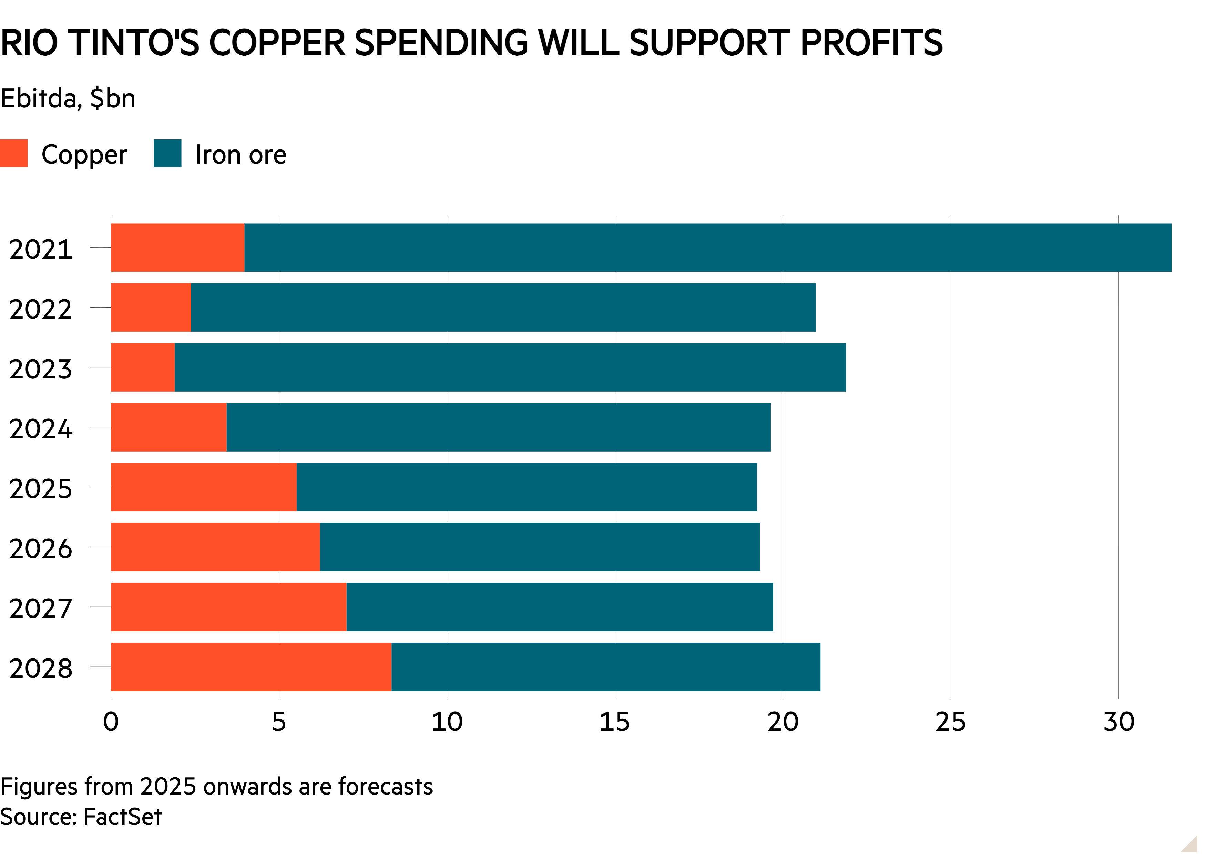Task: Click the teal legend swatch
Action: [x=167, y=153]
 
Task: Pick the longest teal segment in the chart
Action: [x=707, y=248]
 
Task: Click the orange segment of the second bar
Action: [x=151, y=308]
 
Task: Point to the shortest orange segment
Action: [x=143, y=367]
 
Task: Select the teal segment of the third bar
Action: [x=510, y=367]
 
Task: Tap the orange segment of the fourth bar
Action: [x=168, y=427]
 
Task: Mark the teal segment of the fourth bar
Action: [x=499, y=427]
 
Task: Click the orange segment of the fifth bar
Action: [x=204, y=487]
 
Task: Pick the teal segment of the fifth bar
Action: [x=527, y=487]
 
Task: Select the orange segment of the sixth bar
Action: [x=215, y=547]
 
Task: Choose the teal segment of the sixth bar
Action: [x=540, y=547]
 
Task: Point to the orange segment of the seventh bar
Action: [x=228, y=607]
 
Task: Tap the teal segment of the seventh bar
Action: [x=560, y=607]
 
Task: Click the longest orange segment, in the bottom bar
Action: [x=251, y=667]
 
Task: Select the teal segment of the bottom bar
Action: [x=606, y=667]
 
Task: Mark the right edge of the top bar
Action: [x=1171, y=248]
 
